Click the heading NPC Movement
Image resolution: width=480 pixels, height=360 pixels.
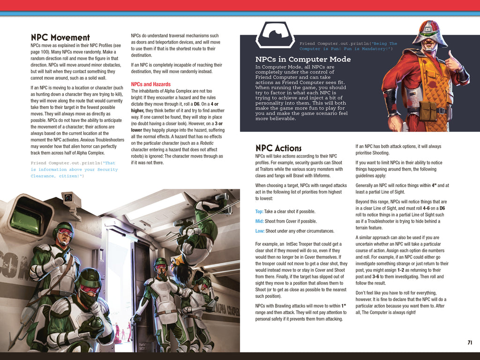pos(60,37)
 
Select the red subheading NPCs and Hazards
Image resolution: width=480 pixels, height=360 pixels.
pos(150,84)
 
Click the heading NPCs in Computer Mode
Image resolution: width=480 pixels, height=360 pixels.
pos(303,60)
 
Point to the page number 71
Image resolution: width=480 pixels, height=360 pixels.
pos(470,342)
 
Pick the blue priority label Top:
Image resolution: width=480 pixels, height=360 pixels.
pos(259,212)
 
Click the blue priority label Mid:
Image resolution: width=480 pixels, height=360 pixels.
pos(260,221)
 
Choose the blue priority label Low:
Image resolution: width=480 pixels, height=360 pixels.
pos(260,231)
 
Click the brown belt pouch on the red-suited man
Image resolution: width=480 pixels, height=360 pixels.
pos(427,112)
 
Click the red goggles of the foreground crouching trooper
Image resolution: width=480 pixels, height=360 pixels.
pos(90,289)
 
